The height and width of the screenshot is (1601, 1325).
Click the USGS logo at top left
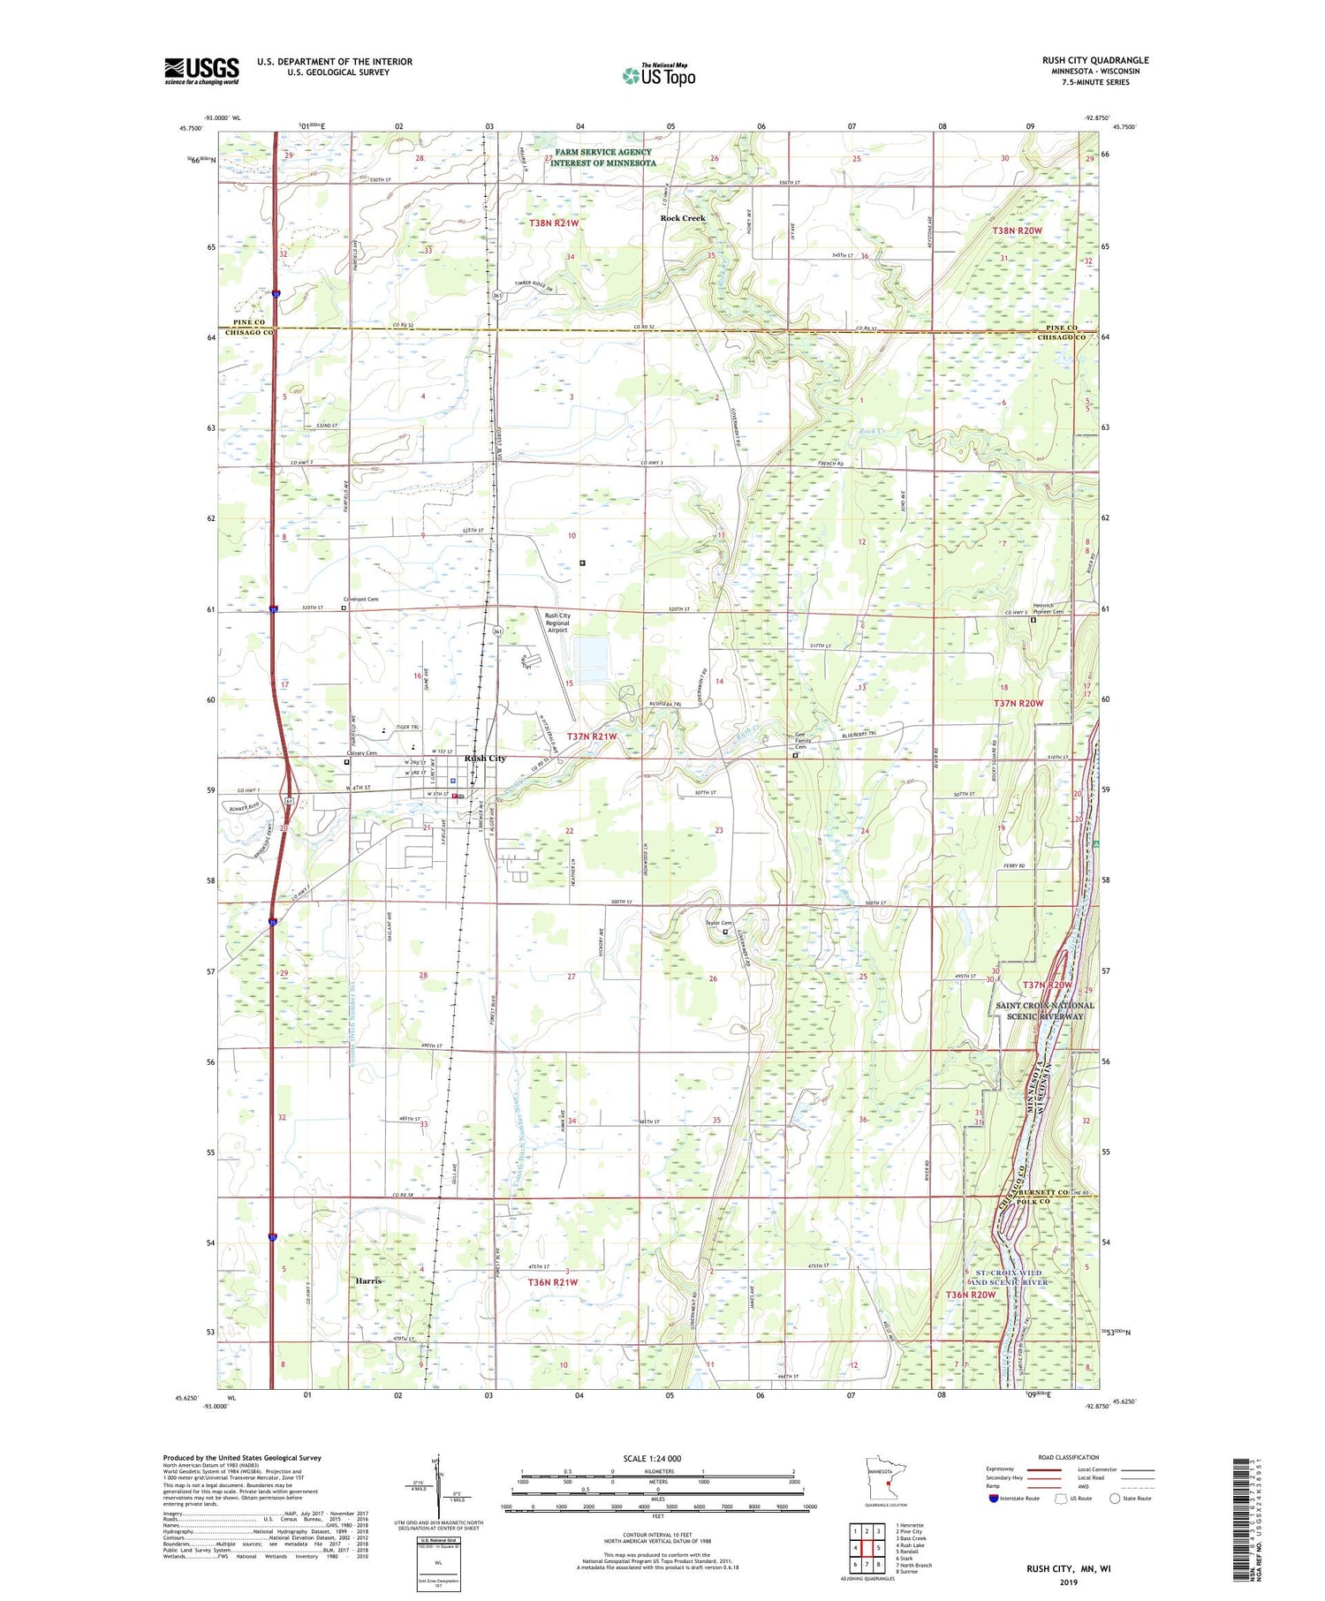click(x=201, y=71)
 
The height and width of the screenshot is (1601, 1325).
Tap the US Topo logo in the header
click(x=659, y=76)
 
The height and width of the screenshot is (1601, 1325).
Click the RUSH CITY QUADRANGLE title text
click(x=1094, y=61)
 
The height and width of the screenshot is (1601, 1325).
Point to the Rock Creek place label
click(x=683, y=218)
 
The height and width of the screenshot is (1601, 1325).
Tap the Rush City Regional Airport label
click(x=557, y=623)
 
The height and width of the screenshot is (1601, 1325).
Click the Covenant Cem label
click(x=362, y=599)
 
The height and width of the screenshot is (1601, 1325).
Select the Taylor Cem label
click(x=717, y=924)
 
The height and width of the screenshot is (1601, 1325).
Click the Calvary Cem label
click(x=360, y=753)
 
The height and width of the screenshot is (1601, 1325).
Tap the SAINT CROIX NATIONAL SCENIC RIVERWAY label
click(x=1044, y=1010)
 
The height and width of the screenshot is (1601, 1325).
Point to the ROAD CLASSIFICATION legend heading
click(x=1069, y=1457)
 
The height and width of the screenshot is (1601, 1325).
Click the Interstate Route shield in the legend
click(x=994, y=1498)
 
